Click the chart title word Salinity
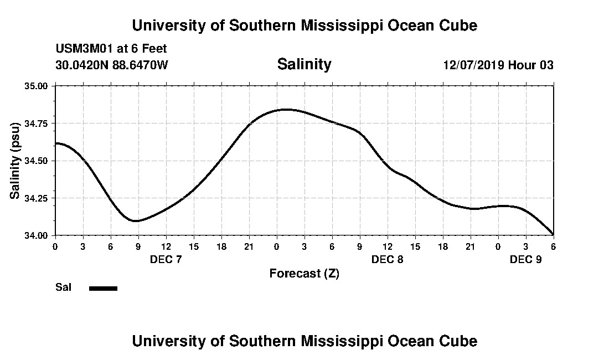pos(304,64)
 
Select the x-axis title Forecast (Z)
pos(304,273)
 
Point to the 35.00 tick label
pos(37,86)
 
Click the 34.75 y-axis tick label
pos(37,124)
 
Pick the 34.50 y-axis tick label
pos(37,161)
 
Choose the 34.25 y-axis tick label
pos(37,198)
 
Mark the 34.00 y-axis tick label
pos(37,235)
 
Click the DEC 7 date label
pos(166,259)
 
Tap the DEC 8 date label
pos(388,259)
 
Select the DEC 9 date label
pos(525,259)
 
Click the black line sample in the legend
pos(104,288)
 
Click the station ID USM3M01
pos(83,49)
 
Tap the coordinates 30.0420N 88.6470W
pos(111,65)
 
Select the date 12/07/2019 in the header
pos(473,65)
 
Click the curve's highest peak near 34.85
pos(285,109)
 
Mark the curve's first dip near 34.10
pos(136,221)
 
